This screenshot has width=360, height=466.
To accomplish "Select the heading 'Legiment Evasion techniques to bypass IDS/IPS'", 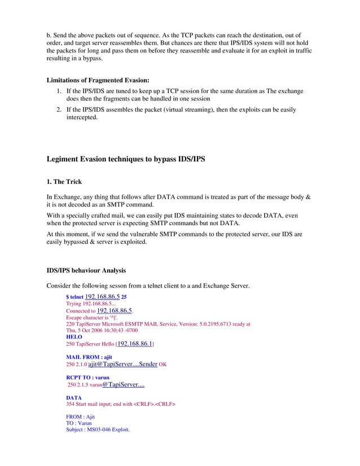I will coord(125,160).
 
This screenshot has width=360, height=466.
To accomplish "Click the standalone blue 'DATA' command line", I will coord(74,398).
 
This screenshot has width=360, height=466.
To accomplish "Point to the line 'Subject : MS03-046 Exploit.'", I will coord(98,429).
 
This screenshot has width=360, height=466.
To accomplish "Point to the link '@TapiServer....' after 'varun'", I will coord(123,385).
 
